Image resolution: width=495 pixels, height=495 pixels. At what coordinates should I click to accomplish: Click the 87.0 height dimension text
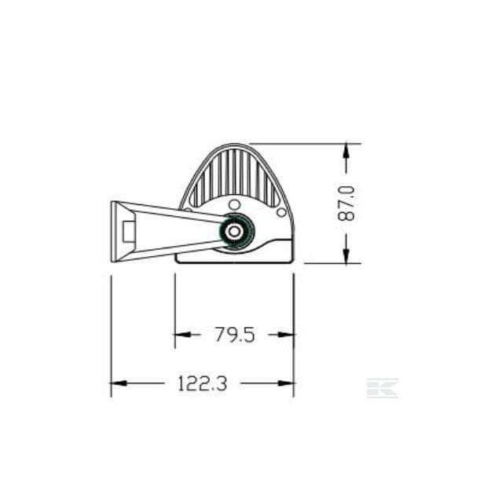346,203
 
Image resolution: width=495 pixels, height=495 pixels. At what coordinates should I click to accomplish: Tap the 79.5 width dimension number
235,335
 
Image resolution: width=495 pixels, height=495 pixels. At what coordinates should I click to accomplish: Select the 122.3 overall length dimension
203,383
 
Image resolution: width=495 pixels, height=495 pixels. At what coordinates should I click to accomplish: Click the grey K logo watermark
383,387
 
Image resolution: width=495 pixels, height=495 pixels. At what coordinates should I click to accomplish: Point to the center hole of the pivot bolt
234,232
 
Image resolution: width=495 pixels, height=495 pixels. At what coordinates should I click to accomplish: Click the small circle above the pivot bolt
234,204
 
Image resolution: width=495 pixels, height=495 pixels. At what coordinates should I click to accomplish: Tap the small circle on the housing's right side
281,212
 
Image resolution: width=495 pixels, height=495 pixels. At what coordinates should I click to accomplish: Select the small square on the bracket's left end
129,232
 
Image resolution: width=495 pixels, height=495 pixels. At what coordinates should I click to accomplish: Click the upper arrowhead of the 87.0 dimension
346,150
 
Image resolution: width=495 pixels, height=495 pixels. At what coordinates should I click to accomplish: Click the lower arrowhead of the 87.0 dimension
346,256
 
